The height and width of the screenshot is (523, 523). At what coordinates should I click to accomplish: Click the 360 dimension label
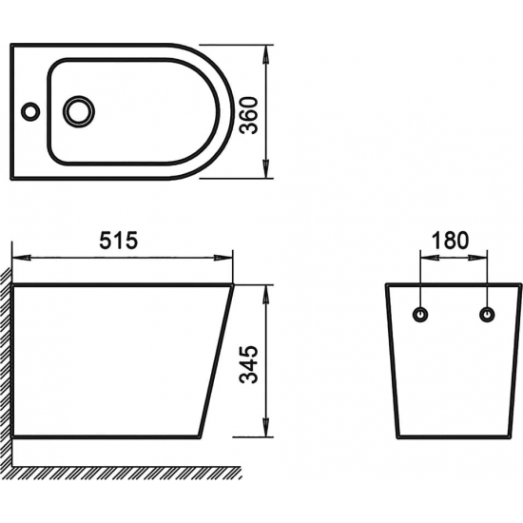coord(249,115)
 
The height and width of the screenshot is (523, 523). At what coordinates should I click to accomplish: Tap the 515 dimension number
coord(119,241)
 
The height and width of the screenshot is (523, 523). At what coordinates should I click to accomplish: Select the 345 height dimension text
coord(249,364)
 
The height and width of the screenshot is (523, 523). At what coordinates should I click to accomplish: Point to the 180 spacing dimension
coord(451,241)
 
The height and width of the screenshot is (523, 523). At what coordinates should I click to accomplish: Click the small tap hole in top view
coord(30,111)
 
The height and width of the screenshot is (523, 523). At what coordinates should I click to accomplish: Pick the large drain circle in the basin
coord(79,111)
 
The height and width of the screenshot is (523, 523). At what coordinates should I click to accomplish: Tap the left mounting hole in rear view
coord(420,315)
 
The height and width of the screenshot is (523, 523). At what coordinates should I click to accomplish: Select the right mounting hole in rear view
coord(487,315)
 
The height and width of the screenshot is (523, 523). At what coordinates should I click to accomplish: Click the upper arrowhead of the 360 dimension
coord(266,54)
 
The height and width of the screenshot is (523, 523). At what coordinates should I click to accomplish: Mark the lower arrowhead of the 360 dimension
coord(266,168)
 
